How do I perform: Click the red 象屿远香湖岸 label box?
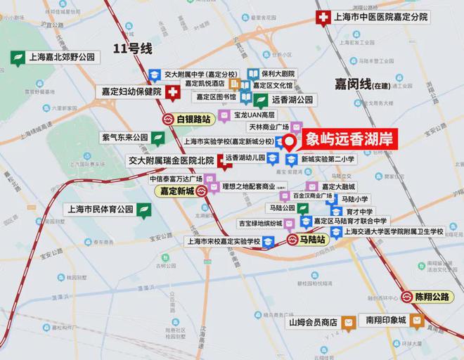click(349, 140)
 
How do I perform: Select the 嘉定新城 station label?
click(176, 191)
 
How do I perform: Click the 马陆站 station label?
click(309, 240)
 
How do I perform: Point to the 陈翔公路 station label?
click(432, 297)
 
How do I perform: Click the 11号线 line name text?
click(133, 49)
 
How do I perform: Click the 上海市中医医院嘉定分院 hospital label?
click(390, 18)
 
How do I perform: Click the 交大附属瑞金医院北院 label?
click(171, 160)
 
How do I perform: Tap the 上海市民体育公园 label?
click(99, 209)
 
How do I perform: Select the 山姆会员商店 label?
click(314, 322)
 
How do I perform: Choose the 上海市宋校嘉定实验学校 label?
click(222, 241)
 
